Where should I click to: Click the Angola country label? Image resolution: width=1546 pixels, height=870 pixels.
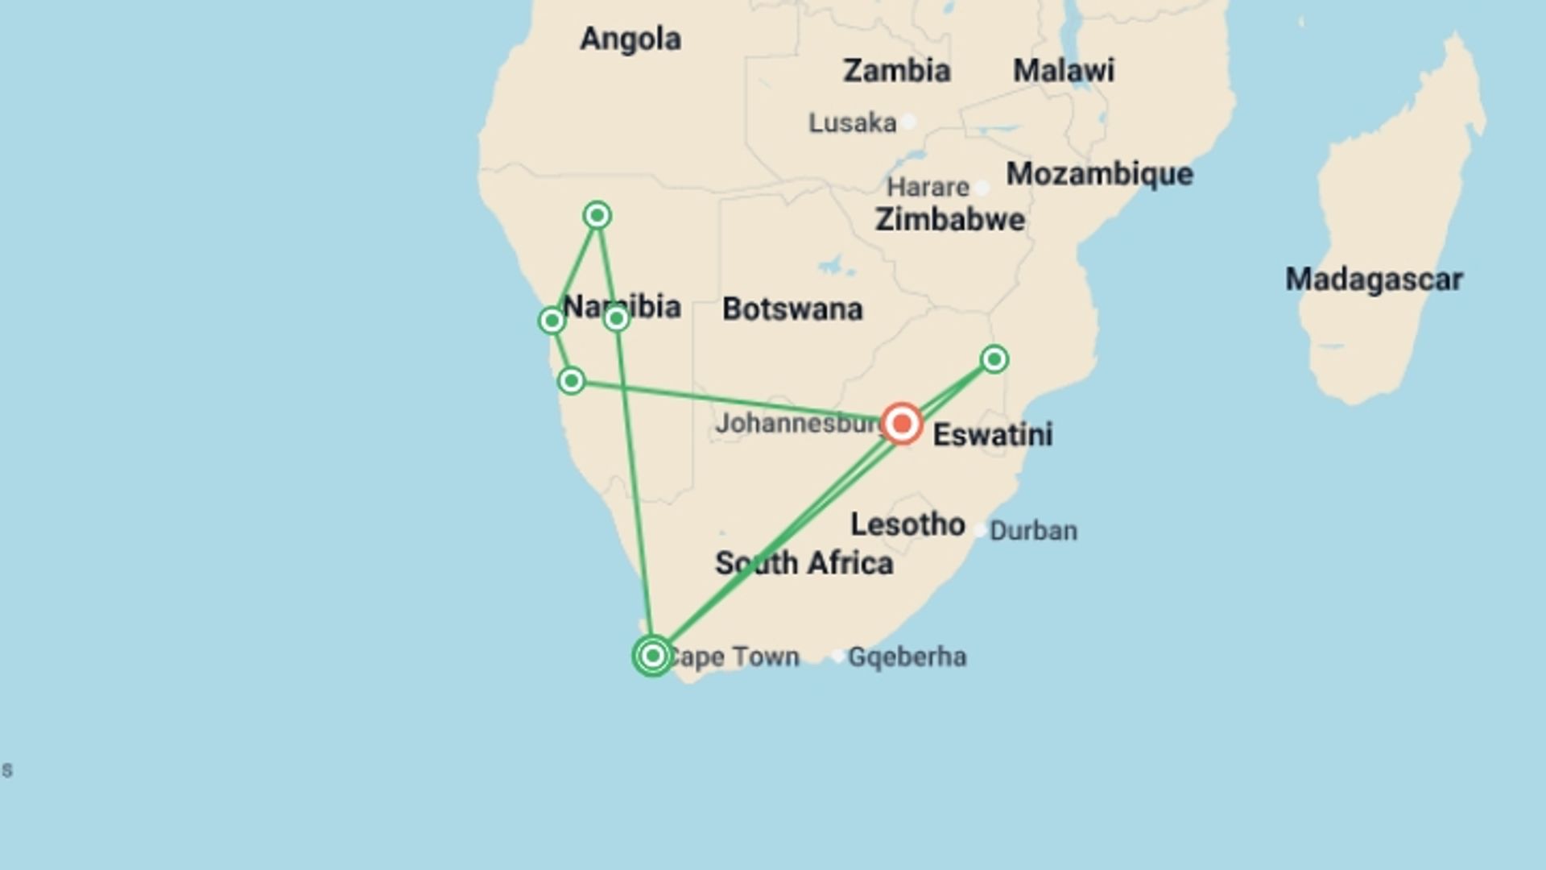[630, 39]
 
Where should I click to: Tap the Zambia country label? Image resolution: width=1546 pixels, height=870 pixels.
[896, 71]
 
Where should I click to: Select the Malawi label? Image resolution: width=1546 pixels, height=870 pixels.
[1063, 71]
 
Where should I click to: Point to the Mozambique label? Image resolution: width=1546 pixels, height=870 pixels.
[1099, 174]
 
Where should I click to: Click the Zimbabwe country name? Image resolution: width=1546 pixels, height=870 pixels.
[949, 220]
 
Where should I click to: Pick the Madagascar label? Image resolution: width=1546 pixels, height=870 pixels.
[1373, 280]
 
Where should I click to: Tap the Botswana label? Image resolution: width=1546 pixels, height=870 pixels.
[792, 309]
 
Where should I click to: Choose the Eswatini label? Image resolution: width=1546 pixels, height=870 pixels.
[992, 435]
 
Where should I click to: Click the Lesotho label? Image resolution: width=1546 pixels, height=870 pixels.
[907, 525]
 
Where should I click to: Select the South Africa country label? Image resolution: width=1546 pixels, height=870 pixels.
[804, 563]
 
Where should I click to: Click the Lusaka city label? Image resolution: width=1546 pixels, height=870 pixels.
[852, 123]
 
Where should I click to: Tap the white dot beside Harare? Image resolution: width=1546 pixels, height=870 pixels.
[982, 188]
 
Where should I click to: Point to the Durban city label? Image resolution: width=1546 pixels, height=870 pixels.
[1033, 531]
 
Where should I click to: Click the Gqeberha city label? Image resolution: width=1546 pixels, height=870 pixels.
[907, 657]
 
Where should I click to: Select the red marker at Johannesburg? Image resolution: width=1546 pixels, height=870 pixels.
[902, 424]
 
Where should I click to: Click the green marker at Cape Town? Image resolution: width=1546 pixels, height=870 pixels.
[653, 656]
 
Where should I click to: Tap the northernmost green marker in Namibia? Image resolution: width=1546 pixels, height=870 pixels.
[597, 215]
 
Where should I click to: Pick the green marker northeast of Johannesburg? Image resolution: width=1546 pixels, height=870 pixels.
[994, 359]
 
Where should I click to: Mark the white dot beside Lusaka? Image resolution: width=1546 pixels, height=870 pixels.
[908, 122]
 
